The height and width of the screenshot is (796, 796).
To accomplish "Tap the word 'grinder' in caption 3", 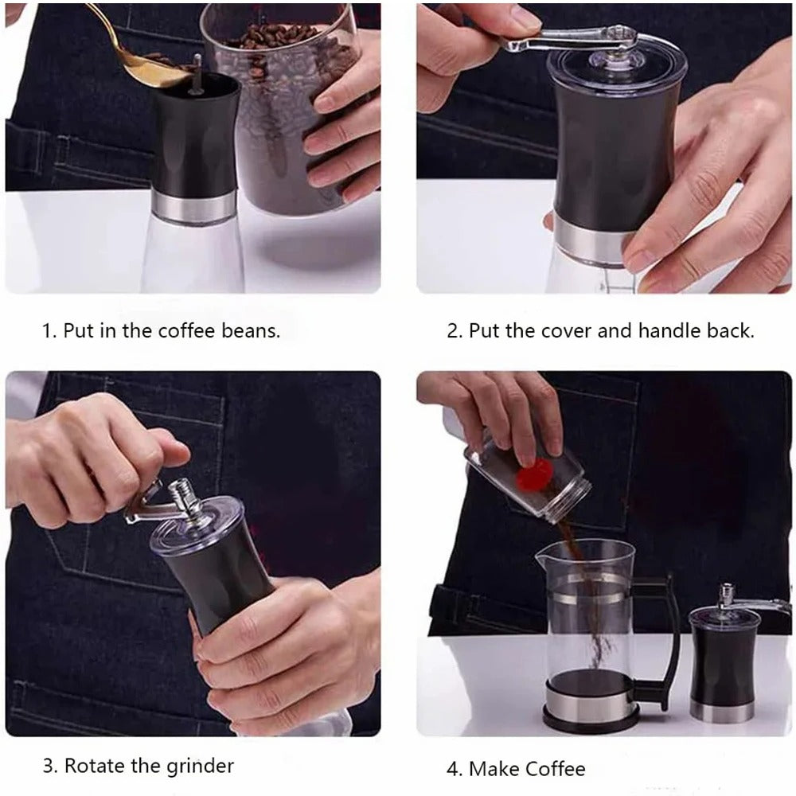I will pyautogui.click(x=201, y=766).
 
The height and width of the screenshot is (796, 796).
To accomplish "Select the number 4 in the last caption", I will pyautogui.click(x=452, y=769).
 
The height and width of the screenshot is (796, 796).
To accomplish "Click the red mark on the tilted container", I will pyautogui.click(x=532, y=477).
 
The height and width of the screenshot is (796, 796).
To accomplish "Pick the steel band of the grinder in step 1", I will pyautogui.click(x=196, y=205).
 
